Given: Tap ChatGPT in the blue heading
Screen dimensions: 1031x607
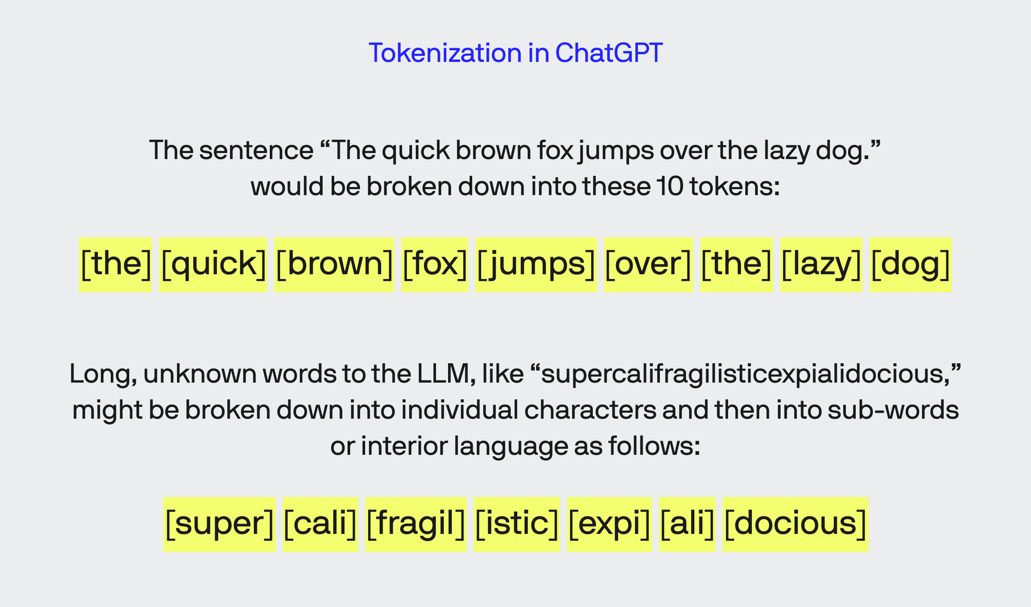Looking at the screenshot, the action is coord(609,53).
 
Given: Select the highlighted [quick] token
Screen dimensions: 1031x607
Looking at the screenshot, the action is coord(213,264).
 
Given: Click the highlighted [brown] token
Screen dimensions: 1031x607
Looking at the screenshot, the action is coord(334,264).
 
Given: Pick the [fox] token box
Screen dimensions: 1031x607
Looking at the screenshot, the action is coord(434,264).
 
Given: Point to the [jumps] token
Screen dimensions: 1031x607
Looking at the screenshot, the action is coord(536,264).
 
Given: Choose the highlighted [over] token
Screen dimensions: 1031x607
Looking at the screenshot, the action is coord(648,264).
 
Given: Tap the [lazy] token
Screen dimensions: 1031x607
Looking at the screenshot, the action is coord(821,264).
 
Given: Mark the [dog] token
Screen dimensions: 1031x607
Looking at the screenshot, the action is coord(910,264).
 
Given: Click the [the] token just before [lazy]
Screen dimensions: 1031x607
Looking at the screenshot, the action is coord(736,264).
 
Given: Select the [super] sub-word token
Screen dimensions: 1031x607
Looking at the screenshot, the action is coord(219,524).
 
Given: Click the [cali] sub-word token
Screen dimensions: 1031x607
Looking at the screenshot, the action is coord(320,524).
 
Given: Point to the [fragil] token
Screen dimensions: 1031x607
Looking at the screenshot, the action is coord(415,524).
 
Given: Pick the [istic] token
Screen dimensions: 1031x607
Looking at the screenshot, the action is coord(516,524).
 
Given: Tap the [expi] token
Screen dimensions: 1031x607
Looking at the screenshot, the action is coord(609,524).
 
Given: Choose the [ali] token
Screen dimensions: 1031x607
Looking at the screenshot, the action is coord(687,524).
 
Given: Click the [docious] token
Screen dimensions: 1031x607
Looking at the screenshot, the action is coord(795,524).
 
